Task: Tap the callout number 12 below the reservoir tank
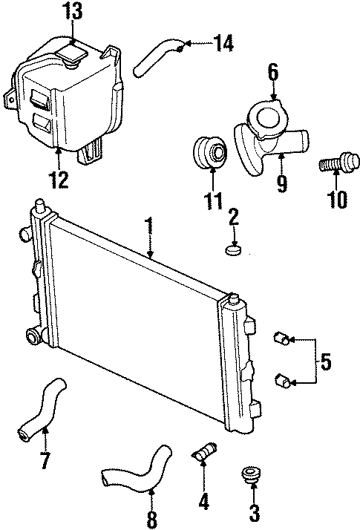pyautogui.click(x=59, y=179)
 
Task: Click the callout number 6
pyautogui.click(x=273, y=72)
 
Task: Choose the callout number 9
pyautogui.click(x=281, y=183)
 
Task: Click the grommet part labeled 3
pyautogui.click(x=250, y=475)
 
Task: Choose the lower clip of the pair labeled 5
pyautogui.click(x=281, y=382)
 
